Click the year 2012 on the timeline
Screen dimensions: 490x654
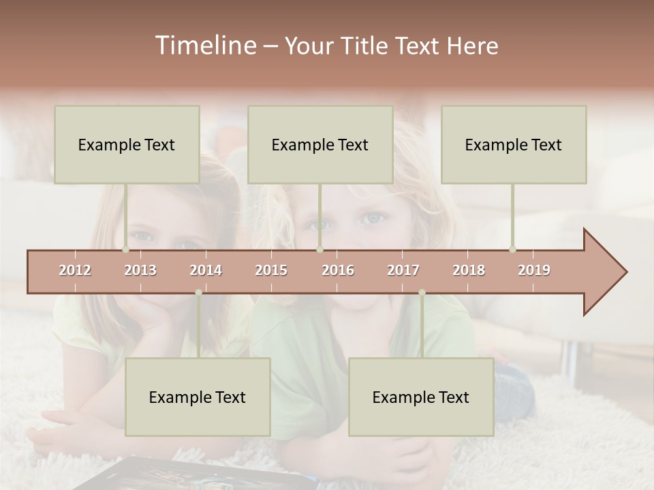coord(75,270)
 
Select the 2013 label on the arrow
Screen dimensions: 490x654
coord(140,270)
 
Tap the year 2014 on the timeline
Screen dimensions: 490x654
coord(206,270)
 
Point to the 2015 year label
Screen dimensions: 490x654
coord(271,270)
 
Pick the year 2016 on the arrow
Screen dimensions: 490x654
coord(338,270)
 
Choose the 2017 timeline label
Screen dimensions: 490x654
coord(403,270)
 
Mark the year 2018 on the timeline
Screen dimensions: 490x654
coord(469,270)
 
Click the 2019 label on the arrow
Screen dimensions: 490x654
coord(534,270)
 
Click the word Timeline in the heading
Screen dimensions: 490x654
coord(204,46)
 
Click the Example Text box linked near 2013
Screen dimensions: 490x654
coord(127,144)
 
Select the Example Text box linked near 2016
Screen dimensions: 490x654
coord(320,144)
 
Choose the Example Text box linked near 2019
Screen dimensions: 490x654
coord(514,144)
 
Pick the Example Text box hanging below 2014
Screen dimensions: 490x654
coord(198,397)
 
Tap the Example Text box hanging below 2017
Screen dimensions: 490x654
coord(421,397)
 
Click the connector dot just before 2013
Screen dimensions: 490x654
coord(125,250)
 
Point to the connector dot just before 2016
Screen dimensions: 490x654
coord(320,250)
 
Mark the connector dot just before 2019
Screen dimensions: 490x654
coord(512,250)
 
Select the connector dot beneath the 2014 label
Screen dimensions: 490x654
coord(198,293)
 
